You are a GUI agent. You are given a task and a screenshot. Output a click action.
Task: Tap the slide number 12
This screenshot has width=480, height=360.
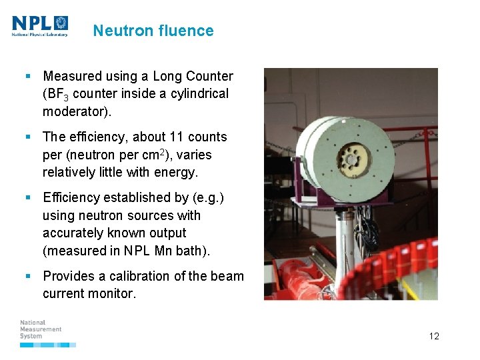(434, 336)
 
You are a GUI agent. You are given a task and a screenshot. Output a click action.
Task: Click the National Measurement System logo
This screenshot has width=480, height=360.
(41, 330)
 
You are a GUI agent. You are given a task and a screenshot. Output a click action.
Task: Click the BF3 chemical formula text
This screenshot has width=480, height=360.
(57, 95)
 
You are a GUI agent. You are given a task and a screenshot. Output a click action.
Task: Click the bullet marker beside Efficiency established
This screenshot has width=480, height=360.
(29, 198)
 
